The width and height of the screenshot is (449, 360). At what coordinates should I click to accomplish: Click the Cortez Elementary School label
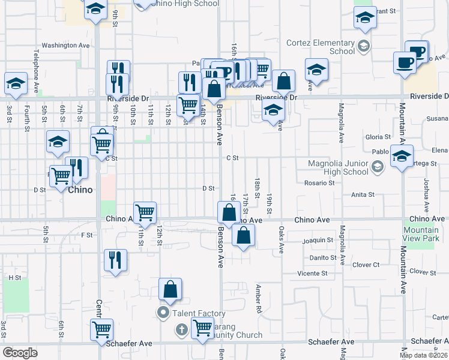[321, 47]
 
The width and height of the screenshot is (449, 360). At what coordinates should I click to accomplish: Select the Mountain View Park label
[421, 234]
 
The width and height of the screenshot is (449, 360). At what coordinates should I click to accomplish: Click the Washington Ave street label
[65, 46]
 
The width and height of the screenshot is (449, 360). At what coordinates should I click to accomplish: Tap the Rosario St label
[319, 182]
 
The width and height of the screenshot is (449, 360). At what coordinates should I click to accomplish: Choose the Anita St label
[363, 194]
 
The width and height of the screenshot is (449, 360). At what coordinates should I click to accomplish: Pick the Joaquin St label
[318, 240]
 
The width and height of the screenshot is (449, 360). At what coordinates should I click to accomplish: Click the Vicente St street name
[312, 273]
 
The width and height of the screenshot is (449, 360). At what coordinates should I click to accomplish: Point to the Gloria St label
[378, 137]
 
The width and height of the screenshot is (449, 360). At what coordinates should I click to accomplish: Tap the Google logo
[20, 353]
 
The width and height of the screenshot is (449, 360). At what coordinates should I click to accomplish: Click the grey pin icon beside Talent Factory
[163, 313]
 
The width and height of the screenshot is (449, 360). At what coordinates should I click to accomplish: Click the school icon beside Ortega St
[401, 157]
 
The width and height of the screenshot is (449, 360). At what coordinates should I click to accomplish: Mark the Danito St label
[322, 257]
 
